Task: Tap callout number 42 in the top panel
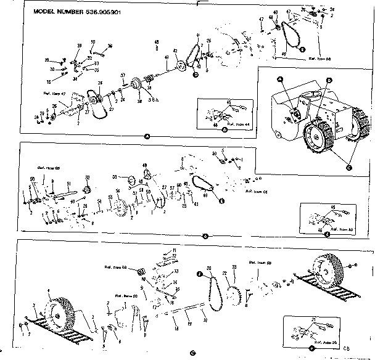(175, 51)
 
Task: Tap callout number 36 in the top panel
(109, 46)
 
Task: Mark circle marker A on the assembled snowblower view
(280, 80)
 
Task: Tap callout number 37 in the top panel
(123, 75)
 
